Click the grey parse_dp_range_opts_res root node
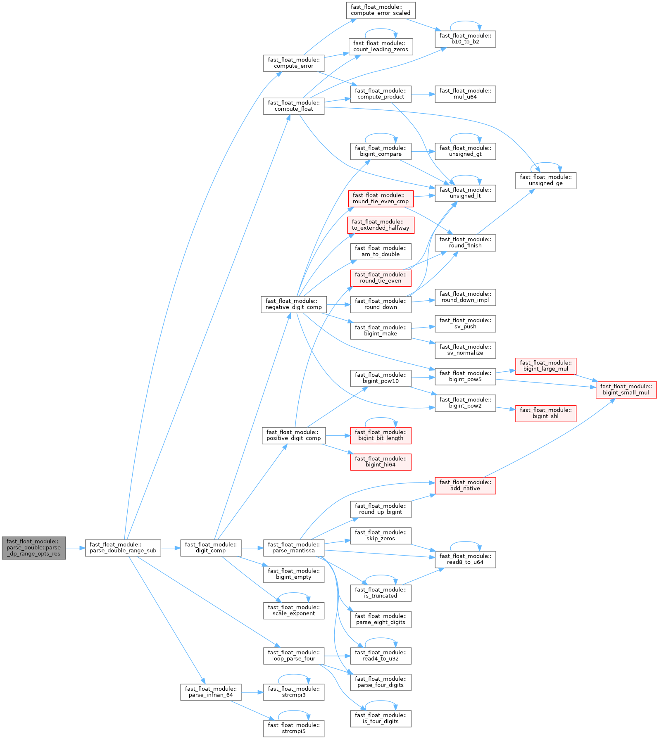[x=33, y=548]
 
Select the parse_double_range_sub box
[x=123, y=548]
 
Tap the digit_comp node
[x=210, y=548]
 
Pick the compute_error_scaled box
[x=380, y=10]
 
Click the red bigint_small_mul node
[x=626, y=390]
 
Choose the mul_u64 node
[x=465, y=94]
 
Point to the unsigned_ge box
[x=545, y=181]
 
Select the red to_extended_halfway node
[x=380, y=225]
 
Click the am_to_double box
[x=380, y=251]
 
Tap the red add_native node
[x=465, y=485]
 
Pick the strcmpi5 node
[x=293, y=728]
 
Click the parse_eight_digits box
[x=380, y=619]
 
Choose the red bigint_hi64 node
[x=380, y=462]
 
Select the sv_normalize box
[x=465, y=350]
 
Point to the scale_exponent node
[x=293, y=611]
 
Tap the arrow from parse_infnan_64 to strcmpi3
[x=252, y=692]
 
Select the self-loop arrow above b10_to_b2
[x=465, y=21]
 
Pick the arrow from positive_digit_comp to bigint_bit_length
[x=338, y=435]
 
